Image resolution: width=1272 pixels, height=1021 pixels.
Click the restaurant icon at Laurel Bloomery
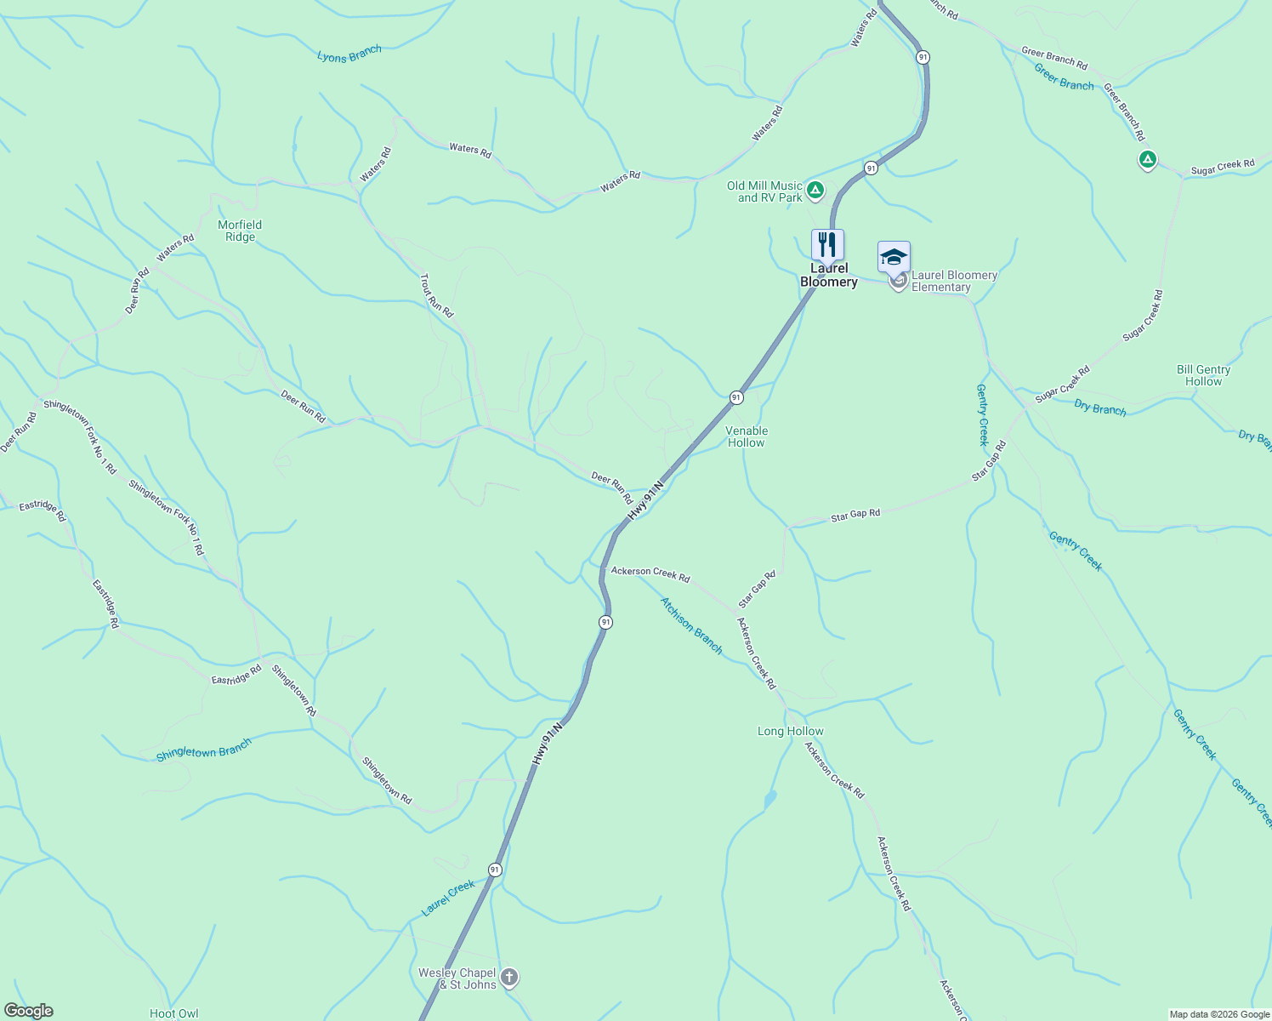point(827,245)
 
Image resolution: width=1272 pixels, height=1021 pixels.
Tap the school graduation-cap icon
point(894,256)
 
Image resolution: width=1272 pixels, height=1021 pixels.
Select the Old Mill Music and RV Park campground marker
point(815,190)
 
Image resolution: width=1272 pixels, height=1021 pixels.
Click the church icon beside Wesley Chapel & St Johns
point(509,977)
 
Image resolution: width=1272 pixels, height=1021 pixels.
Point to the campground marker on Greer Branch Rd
point(1147,159)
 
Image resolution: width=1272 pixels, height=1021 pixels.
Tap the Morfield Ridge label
point(240,231)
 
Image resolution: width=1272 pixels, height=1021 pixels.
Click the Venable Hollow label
point(747,436)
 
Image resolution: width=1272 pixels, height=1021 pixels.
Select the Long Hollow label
point(790,731)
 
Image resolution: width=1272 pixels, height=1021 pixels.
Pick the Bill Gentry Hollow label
point(1203,375)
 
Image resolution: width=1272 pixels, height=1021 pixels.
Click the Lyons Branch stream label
point(349,54)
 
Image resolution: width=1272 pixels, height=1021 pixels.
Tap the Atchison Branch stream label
point(691,625)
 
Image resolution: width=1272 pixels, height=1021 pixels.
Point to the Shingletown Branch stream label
point(204,750)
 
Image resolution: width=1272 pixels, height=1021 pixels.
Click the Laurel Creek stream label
point(448,898)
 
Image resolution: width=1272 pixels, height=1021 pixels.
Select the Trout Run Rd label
point(437,295)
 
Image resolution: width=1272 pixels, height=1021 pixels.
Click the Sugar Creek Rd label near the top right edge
point(1222,168)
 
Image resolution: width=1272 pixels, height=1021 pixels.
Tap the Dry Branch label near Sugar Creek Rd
point(1099,408)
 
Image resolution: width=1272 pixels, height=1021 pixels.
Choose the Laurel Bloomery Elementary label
point(954,281)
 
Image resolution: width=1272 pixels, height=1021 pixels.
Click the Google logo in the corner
point(29,1010)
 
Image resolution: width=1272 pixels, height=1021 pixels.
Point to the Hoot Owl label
point(173,1013)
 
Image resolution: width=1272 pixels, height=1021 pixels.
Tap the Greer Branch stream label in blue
point(1064,77)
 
